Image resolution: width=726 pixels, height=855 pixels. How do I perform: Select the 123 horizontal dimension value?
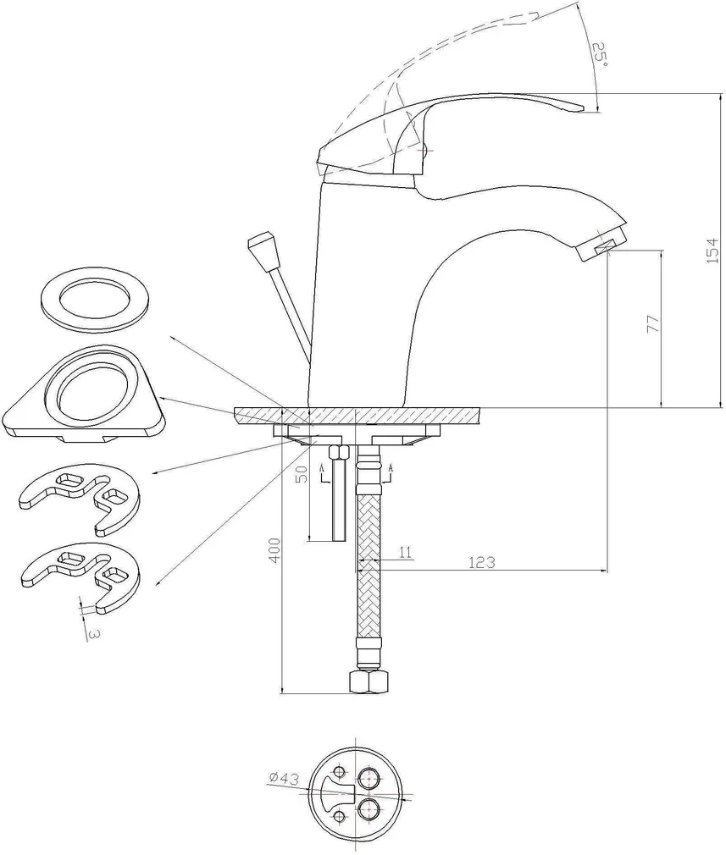481,561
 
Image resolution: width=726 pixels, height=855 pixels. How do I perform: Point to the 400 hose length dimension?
271,553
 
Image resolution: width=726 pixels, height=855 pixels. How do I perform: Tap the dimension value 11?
405,553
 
